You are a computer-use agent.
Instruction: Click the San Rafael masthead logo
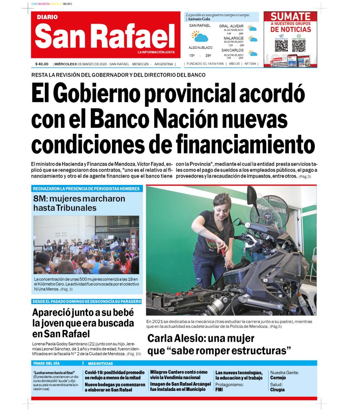click(105, 36)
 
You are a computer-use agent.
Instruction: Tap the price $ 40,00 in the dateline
click(42, 64)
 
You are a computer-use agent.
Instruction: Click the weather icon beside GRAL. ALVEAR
click(253, 29)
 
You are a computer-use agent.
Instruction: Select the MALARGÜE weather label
click(233, 38)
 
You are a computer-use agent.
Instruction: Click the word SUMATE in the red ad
click(290, 17)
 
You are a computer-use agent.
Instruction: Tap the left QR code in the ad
click(281, 45)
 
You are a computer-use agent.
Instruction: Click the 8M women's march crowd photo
click(86, 245)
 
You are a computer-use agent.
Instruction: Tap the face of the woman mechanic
click(223, 206)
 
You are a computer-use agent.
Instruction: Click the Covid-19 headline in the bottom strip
click(114, 375)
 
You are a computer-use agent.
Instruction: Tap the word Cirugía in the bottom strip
click(277, 389)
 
